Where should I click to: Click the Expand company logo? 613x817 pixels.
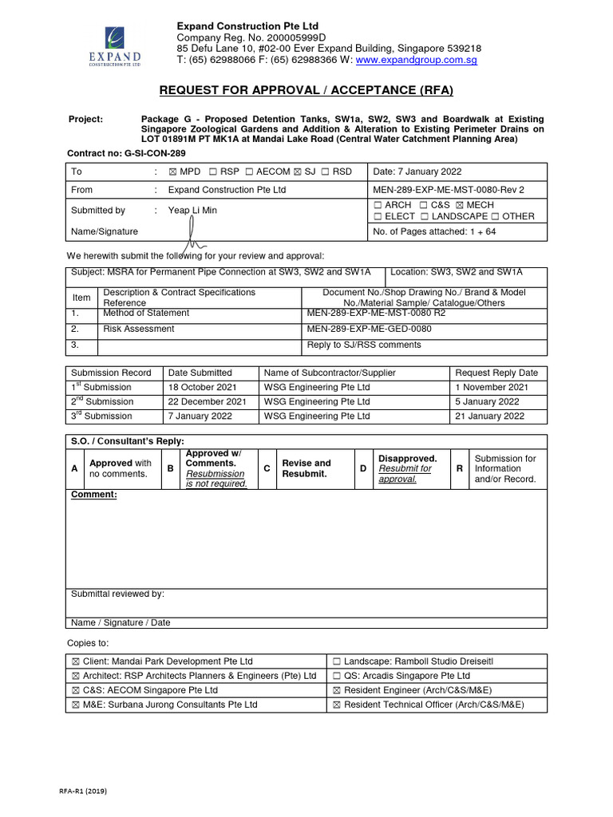tap(121, 47)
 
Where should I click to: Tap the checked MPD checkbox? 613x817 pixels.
tap(172, 172)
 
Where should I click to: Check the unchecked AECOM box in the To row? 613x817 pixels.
tap(250, 172)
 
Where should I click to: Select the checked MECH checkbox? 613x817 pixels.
tap(461, 205)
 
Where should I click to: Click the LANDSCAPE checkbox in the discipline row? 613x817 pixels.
tap(425, 216)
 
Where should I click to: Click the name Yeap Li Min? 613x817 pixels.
tap(192, 211)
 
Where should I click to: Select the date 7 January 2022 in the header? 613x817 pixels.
tap(417, 172)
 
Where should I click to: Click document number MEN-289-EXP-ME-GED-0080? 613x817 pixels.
tap(369, 329)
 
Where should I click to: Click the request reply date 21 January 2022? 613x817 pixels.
tap(489, 416)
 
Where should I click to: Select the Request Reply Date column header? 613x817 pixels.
tap(496, 373)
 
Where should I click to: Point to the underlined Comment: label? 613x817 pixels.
tap(94, 495)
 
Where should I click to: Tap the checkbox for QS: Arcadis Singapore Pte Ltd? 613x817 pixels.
tap(337, 676)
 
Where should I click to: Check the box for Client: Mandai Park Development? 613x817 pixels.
tap(76, 661)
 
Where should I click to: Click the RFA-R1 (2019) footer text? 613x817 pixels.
tap(84, 791)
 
